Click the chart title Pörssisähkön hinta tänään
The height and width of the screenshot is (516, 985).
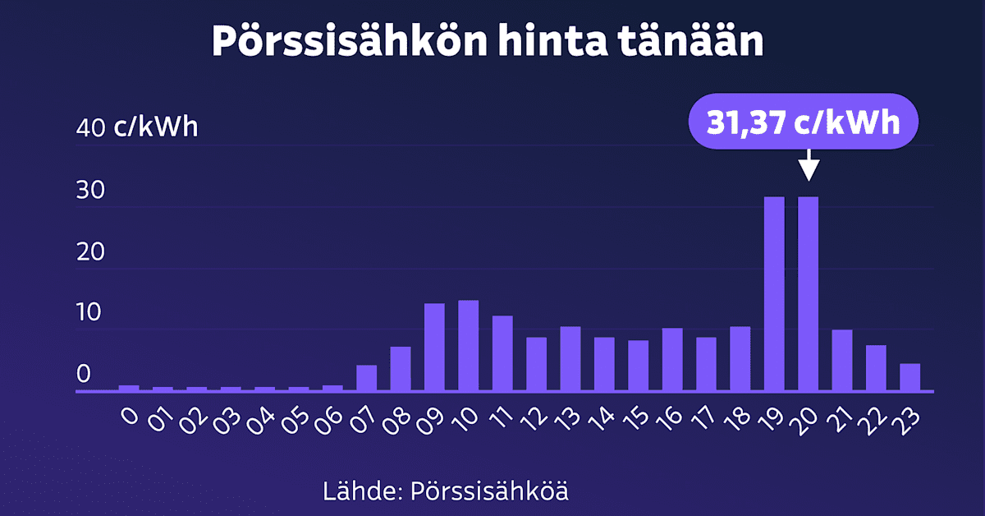click(x=488, y=41)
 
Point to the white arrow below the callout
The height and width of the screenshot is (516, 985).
click(x=809, y=164)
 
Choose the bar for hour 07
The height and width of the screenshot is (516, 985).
click(x=366, y=378)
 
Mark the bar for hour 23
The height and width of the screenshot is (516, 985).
click(x=909, y=377)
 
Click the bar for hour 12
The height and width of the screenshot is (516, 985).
click(x=536, y=363)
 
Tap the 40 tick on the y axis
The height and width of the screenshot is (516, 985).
click(x=90, y=129)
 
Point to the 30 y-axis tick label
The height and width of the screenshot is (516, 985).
click(x=90, y=191)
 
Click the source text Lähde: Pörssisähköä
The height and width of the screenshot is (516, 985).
click(x=446, y=492)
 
